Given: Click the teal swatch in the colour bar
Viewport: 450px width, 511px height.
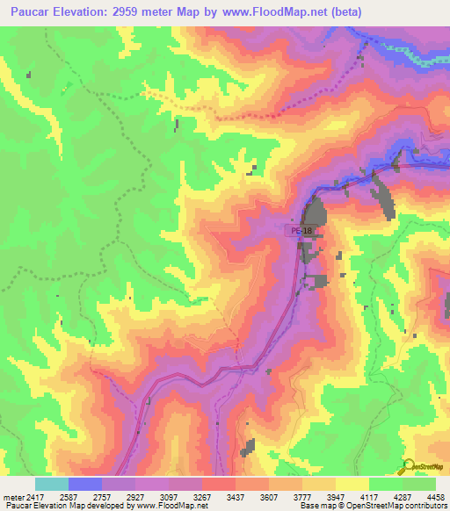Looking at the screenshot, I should click(51, 484).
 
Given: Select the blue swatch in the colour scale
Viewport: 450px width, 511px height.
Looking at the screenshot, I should click(85, 484).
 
